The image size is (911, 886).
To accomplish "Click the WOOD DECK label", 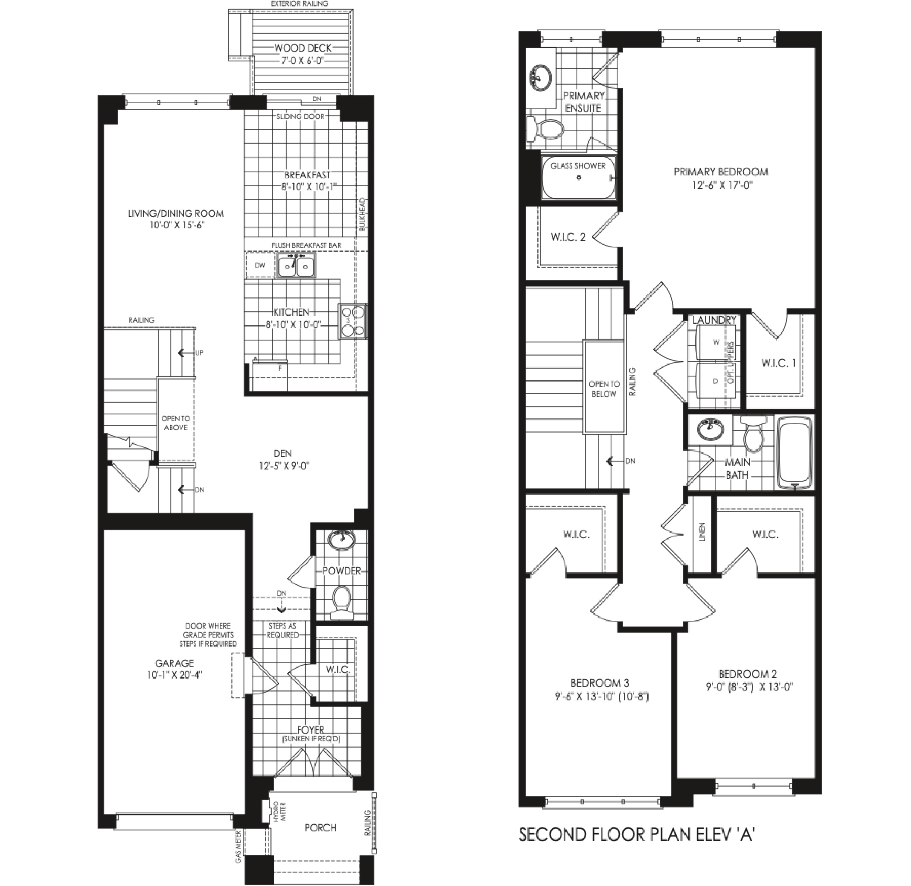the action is click(x=303, y=48).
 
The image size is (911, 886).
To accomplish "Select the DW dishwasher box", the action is click(x=260, y=265).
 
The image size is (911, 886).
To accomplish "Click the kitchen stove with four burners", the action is click(x=353, y=321).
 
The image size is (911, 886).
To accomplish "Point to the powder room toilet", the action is click(x=342, y=602).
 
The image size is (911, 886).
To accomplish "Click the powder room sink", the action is click(x=342, y=540).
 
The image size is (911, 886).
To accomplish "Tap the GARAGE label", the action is click(x=175, y=663).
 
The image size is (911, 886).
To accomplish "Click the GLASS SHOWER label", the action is click(x=578, y=166).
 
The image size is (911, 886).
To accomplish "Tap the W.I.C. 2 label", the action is click(x=568, y=237).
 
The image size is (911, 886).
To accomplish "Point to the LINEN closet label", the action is click(x=702, y=532).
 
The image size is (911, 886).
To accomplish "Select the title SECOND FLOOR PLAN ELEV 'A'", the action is click(x=637, y=834).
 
